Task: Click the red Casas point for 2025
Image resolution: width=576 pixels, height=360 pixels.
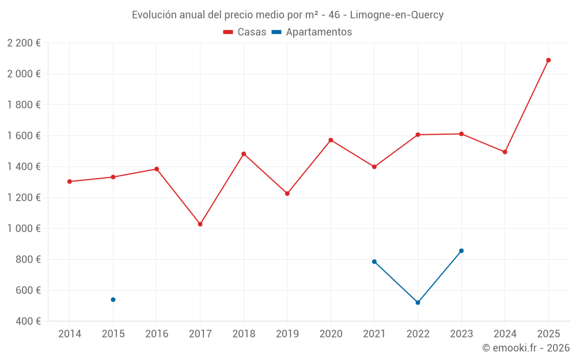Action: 548,60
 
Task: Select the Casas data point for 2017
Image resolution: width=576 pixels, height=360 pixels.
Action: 200,224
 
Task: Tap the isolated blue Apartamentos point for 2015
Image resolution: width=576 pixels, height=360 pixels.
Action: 113,300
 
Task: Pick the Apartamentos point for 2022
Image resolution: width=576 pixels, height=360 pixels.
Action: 418,302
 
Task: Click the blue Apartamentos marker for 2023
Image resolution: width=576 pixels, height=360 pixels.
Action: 461,251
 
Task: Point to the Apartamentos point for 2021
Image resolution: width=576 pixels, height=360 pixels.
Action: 374,262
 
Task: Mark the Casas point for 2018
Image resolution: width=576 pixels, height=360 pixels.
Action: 244,154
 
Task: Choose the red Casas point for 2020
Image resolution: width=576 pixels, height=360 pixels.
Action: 331,140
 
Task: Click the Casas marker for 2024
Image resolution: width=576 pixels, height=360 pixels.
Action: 505,152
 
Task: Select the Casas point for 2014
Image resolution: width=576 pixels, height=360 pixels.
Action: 70,181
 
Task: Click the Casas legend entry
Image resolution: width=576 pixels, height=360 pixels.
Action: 245,32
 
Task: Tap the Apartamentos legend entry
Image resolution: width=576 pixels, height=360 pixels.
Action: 312,32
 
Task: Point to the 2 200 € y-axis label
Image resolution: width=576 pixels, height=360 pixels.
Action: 24,43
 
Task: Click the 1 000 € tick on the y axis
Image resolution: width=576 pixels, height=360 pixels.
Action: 24,229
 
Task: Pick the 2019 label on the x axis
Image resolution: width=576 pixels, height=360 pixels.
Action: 287,334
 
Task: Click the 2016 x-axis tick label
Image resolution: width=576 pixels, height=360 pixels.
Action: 157,334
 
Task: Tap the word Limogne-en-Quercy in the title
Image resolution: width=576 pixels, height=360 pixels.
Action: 397,15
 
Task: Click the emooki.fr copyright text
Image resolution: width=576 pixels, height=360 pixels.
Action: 525,348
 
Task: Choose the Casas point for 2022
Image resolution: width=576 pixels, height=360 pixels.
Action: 418,135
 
